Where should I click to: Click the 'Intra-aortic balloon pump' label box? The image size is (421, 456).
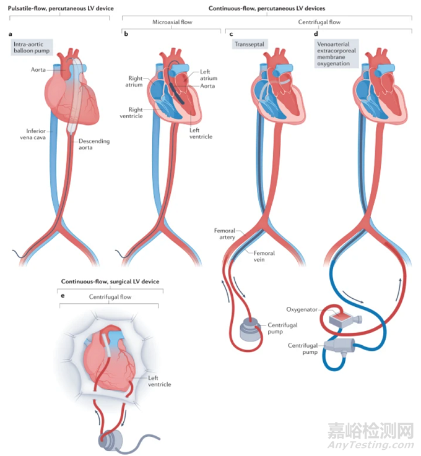click(x=32, y=48)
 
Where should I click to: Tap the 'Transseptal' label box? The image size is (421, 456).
click(x=250, y=44)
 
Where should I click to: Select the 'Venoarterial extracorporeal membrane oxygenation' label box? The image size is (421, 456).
click(x=336, y=54)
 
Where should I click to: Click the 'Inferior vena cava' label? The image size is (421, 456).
click(x=33, y=134)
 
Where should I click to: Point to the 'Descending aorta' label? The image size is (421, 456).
click(x=94, y=144)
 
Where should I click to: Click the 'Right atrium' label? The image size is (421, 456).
click(x=134, y=82)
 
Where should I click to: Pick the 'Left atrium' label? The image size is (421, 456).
click(x=208, y=75)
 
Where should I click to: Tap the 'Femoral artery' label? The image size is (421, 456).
click(x=225, y=234)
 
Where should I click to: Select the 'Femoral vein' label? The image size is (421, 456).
click(x=264, y=256)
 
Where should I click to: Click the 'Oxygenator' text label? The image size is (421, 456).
click(x=302, y=309)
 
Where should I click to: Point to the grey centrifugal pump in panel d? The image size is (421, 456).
click(x=339, y=346)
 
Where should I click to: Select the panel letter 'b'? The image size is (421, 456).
click(x=126, y=34)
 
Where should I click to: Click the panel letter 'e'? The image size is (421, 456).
click(x=63, y=296)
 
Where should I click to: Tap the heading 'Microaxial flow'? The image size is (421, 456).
click(x=172, y=22)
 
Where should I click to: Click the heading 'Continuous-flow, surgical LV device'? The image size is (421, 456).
click(x=110, y=282)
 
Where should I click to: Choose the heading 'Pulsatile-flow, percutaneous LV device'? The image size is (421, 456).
click(x=61, y=9)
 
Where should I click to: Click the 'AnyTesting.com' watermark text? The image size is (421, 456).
click(x=371, y=445)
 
